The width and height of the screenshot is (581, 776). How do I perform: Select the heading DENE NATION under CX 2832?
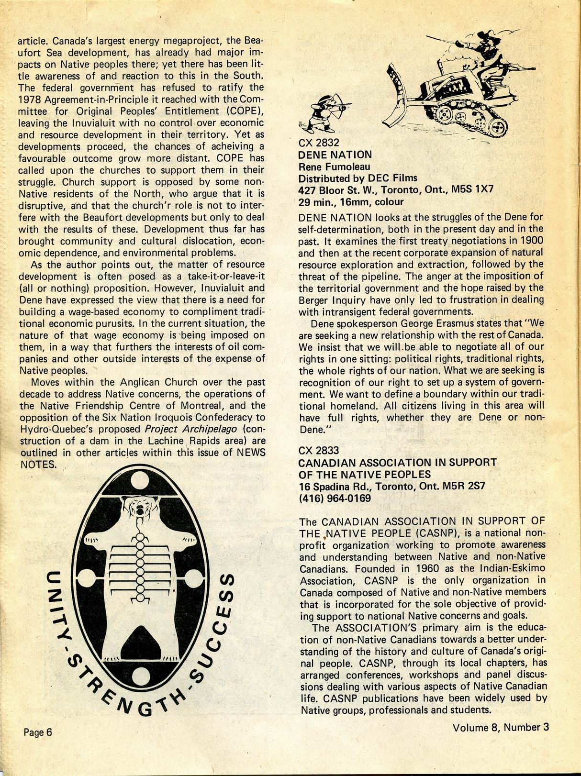click(x=335, y=155)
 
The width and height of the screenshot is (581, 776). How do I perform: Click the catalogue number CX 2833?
click(x=318, y=450)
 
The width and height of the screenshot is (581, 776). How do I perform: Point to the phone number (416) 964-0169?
click(x=335, y=498)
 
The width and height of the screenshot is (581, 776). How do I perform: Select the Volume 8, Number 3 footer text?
click(x=501, y=727)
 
